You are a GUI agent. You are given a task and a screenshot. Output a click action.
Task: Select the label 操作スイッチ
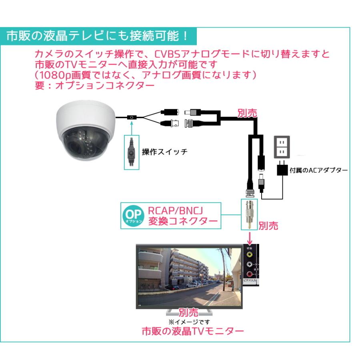[164, 152]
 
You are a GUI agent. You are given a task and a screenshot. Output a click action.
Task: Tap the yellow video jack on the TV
[250, 254]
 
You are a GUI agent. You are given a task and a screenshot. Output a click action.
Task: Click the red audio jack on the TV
[250, 274]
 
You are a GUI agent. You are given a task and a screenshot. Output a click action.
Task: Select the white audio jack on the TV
[250, 264]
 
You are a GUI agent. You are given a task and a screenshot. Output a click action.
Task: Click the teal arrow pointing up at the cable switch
[131, 127]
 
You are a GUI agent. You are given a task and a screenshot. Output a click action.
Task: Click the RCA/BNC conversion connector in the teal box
[249, 214]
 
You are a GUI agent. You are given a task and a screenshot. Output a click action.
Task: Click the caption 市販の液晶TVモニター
[193, 332]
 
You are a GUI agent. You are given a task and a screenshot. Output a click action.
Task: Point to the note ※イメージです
[189, 321]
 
